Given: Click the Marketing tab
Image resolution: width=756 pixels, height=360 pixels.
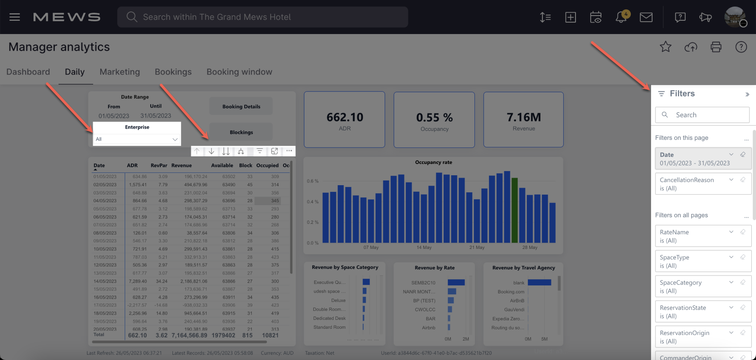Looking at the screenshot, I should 120,72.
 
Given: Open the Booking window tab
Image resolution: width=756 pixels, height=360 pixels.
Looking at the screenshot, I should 239,72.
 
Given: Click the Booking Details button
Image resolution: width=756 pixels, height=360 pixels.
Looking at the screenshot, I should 241,106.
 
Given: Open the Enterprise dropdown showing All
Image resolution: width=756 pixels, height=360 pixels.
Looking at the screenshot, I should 137,139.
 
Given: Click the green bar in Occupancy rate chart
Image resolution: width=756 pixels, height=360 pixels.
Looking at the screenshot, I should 515,210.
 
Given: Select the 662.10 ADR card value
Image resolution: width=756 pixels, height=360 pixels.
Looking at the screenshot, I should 344,117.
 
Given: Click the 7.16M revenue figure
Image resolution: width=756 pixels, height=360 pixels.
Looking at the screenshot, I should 524,117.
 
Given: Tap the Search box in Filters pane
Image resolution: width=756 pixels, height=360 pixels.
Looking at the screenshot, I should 703,115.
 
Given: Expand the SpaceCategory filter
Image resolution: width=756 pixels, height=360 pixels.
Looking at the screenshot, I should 731,283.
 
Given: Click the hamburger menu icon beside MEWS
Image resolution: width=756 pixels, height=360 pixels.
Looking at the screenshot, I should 15,17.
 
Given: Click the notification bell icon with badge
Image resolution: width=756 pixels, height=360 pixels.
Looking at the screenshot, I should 621,17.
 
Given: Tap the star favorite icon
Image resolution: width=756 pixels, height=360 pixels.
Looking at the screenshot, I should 665,47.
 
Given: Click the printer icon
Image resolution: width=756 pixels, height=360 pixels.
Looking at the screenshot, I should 716,47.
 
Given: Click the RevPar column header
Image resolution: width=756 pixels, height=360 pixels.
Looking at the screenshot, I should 159,165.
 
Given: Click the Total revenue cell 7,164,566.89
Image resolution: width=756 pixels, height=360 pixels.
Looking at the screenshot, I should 189,335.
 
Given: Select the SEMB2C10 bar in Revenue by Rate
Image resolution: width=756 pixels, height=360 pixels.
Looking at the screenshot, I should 456,283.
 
